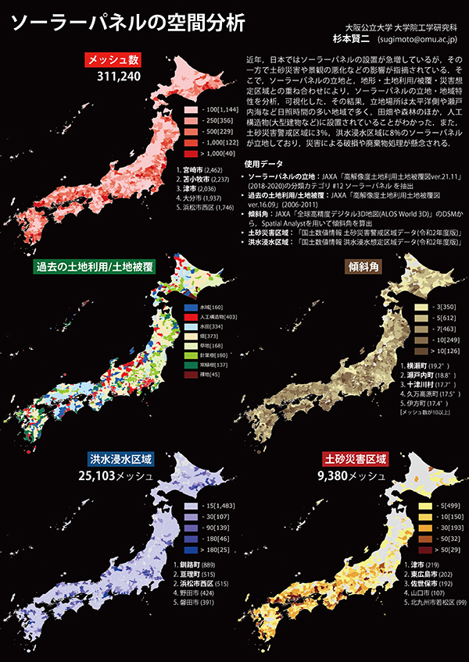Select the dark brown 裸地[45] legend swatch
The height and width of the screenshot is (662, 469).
coord(189,375)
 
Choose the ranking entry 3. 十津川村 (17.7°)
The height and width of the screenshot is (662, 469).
coord(429,384)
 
